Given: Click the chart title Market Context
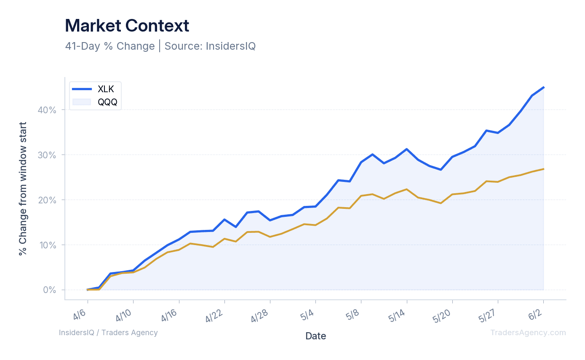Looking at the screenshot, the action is [127, 26].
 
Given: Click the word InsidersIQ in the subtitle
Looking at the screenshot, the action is [231, 46].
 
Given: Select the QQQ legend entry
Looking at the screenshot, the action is [94, 102].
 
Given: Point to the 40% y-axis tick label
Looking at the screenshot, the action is [47, 110].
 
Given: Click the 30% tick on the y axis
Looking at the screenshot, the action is [47, 155].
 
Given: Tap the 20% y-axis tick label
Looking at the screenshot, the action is [47, 200].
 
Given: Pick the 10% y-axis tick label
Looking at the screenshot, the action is [48, 245].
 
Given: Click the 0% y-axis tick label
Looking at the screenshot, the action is [50, 290].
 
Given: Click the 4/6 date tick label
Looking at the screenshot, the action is [80, 315].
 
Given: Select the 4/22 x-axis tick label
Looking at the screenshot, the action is [214, 316].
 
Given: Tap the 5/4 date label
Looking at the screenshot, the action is [307, 315].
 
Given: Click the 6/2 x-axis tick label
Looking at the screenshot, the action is [535, 315].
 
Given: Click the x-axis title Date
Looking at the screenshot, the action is [316, 336].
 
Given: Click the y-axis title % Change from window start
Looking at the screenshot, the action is [23, 189].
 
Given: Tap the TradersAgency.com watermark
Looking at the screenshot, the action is [528, 333].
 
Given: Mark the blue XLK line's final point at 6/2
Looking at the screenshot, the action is [544, 88].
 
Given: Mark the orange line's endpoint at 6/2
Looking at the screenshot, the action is [544, 169].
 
